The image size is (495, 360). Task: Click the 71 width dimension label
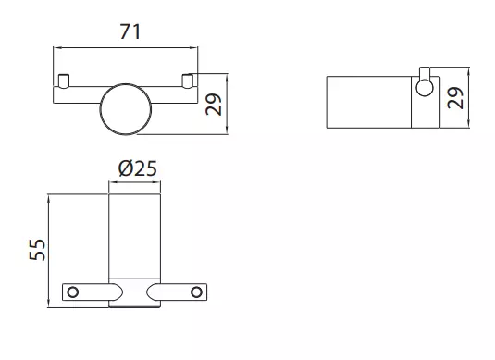click(x=130, y=31)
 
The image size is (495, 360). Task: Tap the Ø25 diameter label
click(x=138, y=168)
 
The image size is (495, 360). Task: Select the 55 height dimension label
click(x=37, y=250)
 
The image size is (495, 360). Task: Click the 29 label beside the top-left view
click(x=214, y=105)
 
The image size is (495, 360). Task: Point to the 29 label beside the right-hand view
click(x=455, y=98)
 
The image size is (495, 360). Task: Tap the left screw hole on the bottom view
click(x=73, y=292)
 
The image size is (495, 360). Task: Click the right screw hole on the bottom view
click(x=196, y=292)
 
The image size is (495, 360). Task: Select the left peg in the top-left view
click(x=64, y=81)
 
